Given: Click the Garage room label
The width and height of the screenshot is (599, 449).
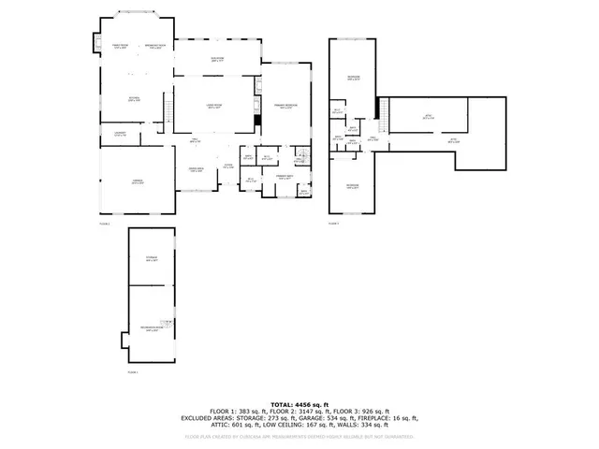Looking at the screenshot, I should click(x=138, y=183).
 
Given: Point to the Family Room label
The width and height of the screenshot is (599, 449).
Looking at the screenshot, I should click(x=119, y=46).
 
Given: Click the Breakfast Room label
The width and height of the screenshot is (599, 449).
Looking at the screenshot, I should click(x=154, y=46).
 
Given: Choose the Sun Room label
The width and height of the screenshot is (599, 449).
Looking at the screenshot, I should click(x=218, y=59).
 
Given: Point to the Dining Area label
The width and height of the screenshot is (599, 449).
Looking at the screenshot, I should click(x=197, y=170).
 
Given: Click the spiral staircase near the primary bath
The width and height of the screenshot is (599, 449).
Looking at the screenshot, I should click(x=301, y=155).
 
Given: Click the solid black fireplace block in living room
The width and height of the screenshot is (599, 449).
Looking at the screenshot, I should click(x=257, y=120).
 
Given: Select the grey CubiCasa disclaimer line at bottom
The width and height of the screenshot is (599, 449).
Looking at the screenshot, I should click(x=299, y=435).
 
